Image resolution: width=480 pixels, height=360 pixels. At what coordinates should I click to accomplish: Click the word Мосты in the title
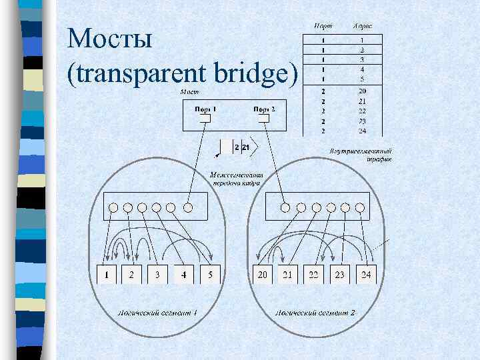tap(110, 39)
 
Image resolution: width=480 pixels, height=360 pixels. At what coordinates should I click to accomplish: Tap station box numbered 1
tap(107, 274)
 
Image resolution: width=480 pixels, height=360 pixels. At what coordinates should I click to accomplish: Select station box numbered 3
tap(157, 274)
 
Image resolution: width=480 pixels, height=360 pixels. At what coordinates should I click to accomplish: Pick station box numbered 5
tap(209, 274)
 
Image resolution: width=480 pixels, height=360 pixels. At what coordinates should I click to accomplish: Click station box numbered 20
tap(263, 274)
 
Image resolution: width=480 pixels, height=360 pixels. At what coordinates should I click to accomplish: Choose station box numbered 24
tap(366, 274)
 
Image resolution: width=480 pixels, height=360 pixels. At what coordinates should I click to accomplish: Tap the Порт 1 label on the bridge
tap(205, 109)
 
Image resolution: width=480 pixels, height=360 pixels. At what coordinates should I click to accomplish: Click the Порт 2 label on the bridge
tap(264, 109)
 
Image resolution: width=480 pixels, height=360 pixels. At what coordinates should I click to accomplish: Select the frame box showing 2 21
tap(242, 147)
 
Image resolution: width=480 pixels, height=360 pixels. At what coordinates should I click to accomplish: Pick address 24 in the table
tap(361, 131)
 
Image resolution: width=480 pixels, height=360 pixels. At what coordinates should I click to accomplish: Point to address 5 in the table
tap(361, 79)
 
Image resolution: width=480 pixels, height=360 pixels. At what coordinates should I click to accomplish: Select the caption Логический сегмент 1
tap(157, 312)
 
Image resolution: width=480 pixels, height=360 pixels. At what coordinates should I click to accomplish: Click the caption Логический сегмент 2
tap(316, 312)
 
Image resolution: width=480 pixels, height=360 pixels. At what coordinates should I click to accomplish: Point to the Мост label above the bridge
tap(190, 91)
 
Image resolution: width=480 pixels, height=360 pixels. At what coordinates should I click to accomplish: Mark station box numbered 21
tap(288, 274)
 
